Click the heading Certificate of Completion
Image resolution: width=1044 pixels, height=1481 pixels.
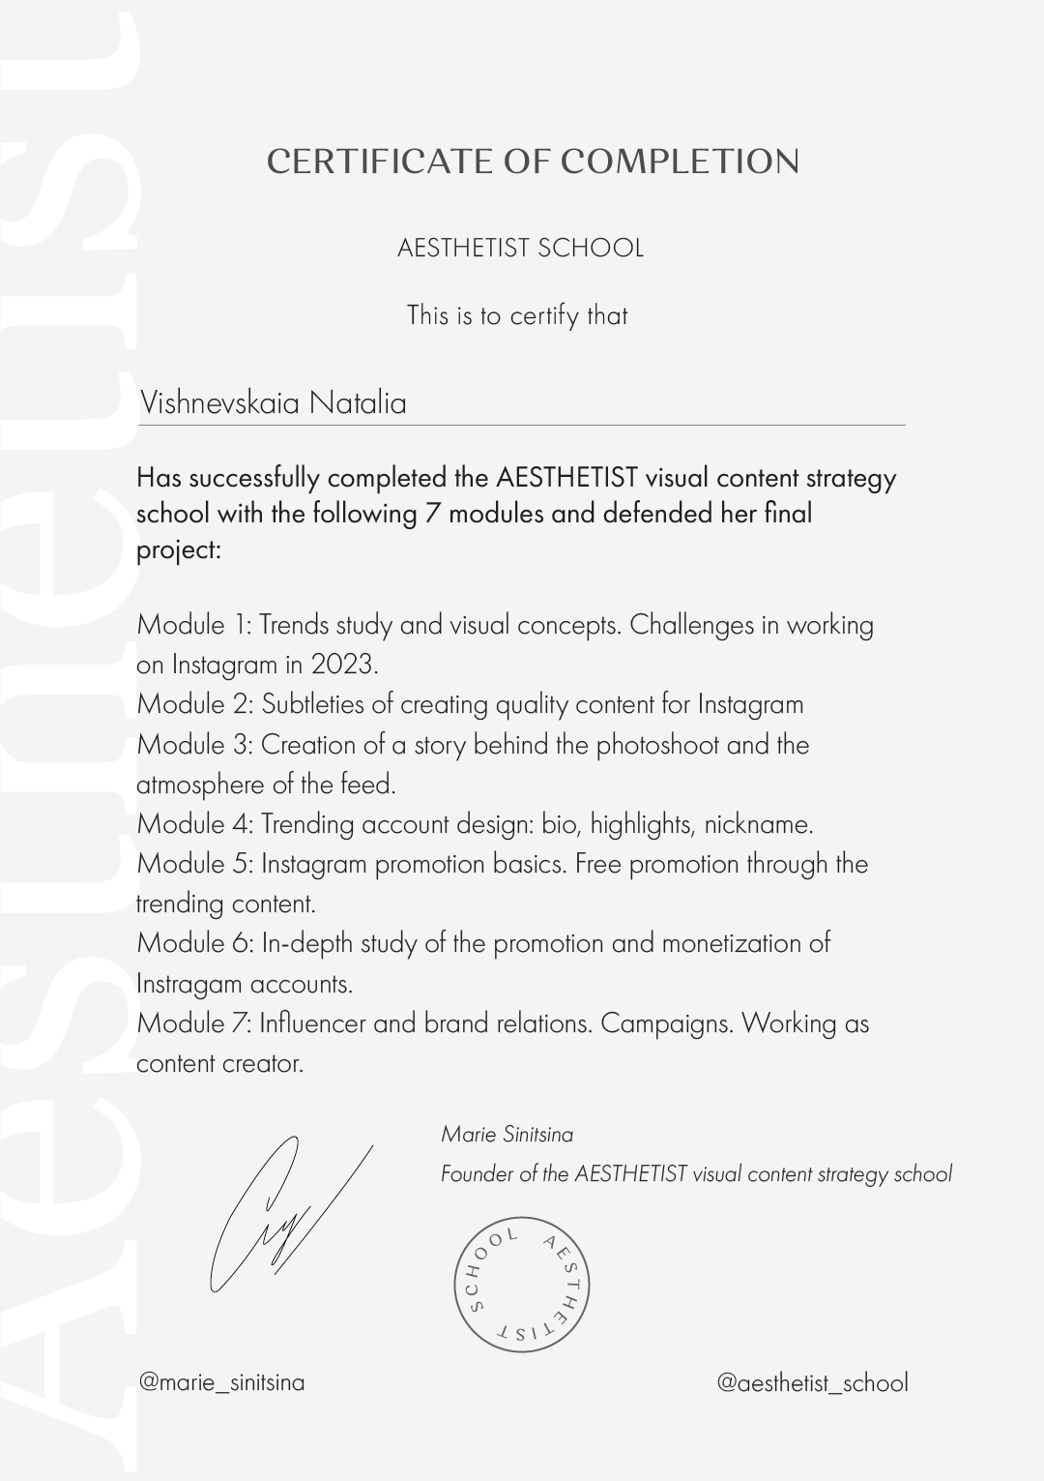pyautogui.click(x=533, y=163)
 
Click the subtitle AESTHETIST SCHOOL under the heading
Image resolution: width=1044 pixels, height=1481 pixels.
pyautogui.click(x=520, y=249)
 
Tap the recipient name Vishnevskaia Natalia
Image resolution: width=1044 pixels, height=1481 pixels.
pyautogui.click(x=274, y=402)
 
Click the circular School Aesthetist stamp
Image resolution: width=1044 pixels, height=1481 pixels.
pyautogui.click(x=522, y=1285)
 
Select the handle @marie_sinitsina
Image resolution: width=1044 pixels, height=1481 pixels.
pyautogui.click(x=221, y=1382)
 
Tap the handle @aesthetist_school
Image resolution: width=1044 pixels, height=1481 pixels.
pyautogui.click(x=812, y=1383)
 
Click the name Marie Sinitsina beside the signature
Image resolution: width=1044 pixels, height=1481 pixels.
pyautogui.click(x=507, y=1134)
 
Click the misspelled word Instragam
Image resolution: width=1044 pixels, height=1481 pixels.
pyautogui.click(x=188, y=984)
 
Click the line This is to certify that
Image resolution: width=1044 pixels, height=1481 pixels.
pyautogui.click(x=517, y=315)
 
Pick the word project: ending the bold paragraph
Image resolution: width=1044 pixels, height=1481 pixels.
pyautogui.click(x=179, y=550)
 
